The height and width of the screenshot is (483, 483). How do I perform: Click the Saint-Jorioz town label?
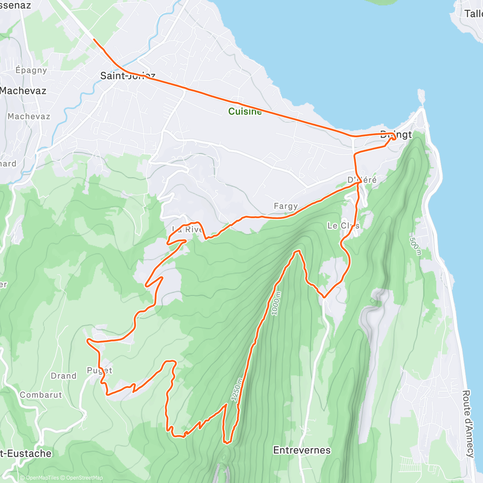coord(128,75)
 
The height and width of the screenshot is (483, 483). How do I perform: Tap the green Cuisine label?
coord(245,111)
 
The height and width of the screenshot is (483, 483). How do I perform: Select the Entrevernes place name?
coord(302,450)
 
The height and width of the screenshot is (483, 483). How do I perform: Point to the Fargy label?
coord(286,206)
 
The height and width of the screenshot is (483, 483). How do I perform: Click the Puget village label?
coord(99,370)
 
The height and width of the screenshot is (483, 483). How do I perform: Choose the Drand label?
coord(64,376)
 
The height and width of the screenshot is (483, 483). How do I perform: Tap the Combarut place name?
coord(41,395)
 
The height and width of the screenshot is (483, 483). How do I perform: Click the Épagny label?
coord(31,70)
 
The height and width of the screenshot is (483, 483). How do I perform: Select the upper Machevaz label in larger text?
coord(23,91)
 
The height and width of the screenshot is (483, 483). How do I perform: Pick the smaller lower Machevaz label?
coord(29,116)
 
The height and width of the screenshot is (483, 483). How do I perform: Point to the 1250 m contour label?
coord(237,389)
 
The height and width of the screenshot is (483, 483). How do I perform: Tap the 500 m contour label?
coord(415,246)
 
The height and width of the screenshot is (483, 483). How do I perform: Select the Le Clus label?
coord(343,225)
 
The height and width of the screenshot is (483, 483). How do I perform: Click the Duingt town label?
coord(396,134)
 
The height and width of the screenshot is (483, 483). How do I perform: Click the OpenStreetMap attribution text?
coord(85,478)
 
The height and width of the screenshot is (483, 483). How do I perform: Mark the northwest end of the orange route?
coord(94,39)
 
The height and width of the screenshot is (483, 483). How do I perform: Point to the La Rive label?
coord(187,229)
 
